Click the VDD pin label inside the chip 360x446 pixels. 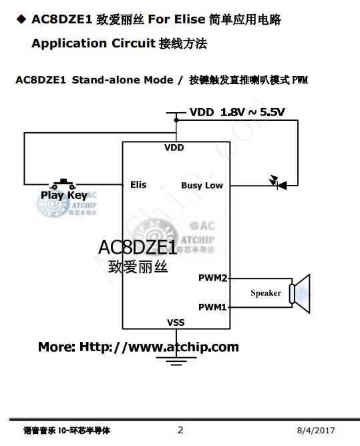(x=174, y=148)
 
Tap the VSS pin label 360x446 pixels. (x=176, y=322)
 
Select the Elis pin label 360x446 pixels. (x=138, y=184)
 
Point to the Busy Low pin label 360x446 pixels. (x=202, y=185)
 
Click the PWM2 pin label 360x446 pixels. (x=212, y=277)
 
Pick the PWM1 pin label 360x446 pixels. (x=212, y=307)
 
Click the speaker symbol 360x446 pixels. (x=301, y=292)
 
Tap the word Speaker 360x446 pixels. (x=266, y=292)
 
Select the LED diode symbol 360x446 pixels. (x=275, y=181)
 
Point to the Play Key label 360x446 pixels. (x=63, y=196)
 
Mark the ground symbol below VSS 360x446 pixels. (x=176, y=360)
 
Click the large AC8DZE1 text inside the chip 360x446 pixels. (x=138, y=247)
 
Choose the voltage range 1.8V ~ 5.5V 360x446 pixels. (x=252, y=112)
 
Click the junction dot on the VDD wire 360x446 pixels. (x=176, y=120)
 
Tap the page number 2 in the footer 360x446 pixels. (x=180, y=430)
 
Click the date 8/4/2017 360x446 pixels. (x=316, y=431)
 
